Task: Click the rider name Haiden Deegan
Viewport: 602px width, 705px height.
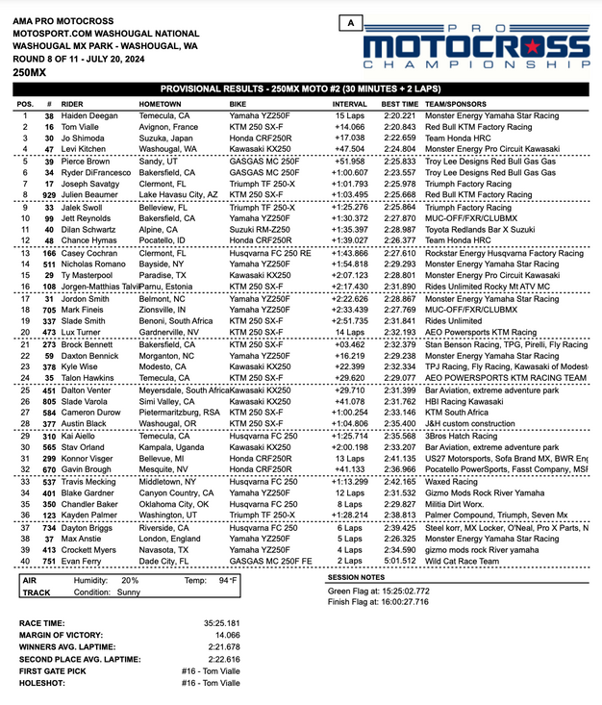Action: tap(88, 115)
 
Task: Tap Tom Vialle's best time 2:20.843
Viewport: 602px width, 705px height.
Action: tap(400, 127)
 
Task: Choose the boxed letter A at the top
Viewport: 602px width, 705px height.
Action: tap(353, 22)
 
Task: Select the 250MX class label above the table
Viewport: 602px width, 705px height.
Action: tap(28, 73)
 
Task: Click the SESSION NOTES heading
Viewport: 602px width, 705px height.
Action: tap(359, 577)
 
